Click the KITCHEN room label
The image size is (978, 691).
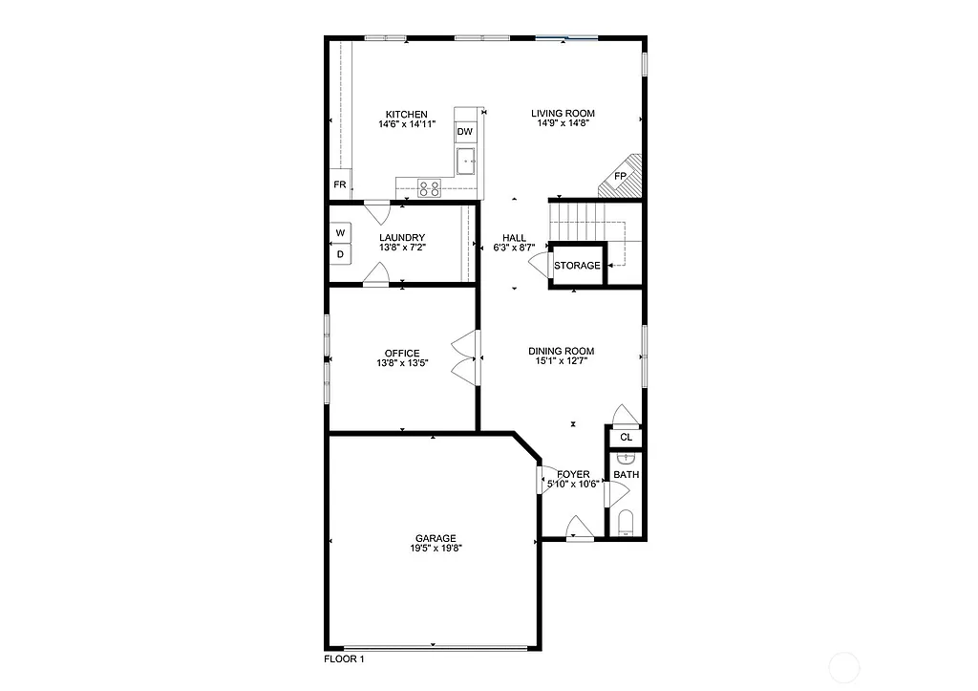[406, 115]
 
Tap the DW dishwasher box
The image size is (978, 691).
[465, 132]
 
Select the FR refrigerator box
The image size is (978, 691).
[339, 184]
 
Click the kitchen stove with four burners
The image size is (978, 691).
[430, 188]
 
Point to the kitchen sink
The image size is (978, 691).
[466, 161]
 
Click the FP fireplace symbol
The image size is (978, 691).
[620, 177]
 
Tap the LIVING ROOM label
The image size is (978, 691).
[563, 115]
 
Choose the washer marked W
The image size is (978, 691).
[340, 233]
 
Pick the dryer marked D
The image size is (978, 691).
[340, 254]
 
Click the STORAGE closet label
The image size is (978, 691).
[578, 266]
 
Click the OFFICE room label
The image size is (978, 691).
[402, 354]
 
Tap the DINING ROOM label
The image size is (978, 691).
[562, 351]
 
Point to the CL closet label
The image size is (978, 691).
[627, 438]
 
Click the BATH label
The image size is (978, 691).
[627, 475]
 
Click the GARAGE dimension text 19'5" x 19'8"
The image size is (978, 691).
[435, 548]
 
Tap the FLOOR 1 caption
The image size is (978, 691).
[344, 659]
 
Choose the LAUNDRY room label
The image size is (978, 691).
[402, 238]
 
